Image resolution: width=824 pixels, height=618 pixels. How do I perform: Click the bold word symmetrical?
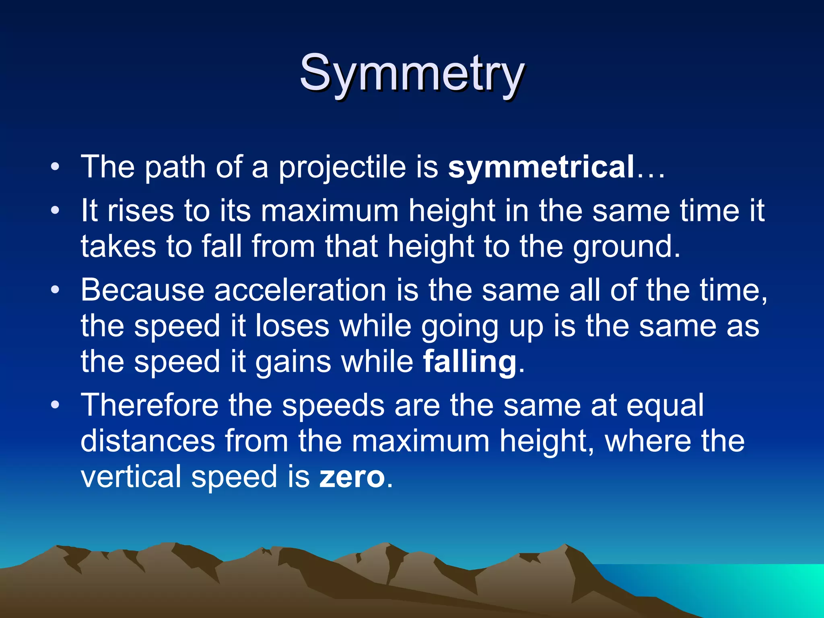(x=541, y=167)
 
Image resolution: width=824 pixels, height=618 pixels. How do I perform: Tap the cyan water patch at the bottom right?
(x=744, y=587)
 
